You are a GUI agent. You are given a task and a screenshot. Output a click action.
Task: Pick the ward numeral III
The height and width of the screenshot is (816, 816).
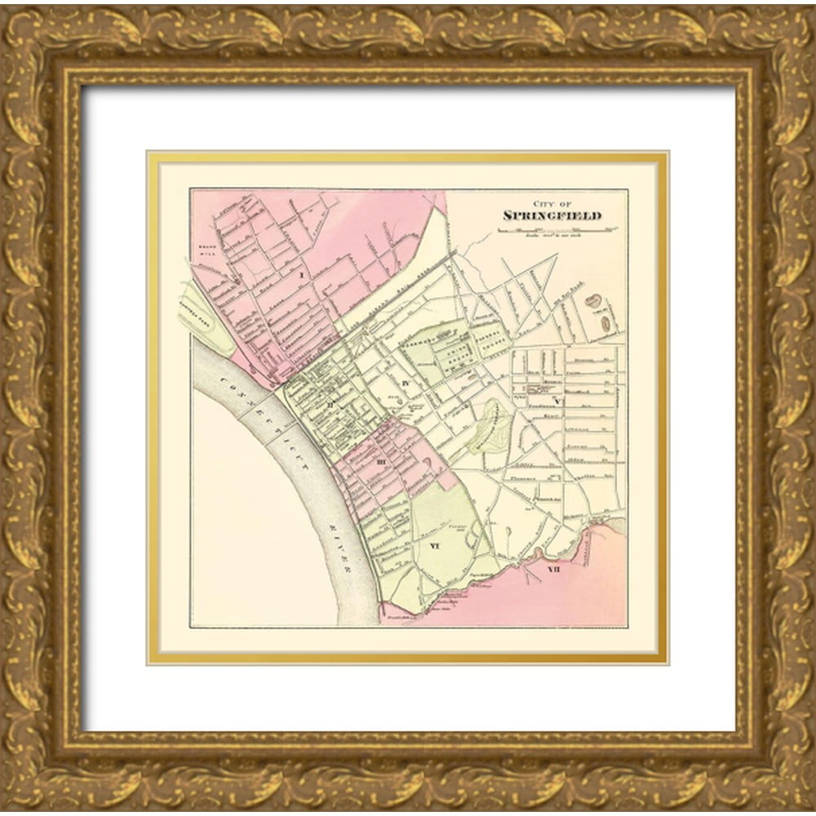[x=380, y=463]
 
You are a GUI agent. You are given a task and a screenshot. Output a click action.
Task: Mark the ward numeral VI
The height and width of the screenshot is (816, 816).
[x=435, y=548]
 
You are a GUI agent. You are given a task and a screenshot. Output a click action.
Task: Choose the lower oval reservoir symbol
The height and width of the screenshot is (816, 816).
[x=606, y=323]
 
